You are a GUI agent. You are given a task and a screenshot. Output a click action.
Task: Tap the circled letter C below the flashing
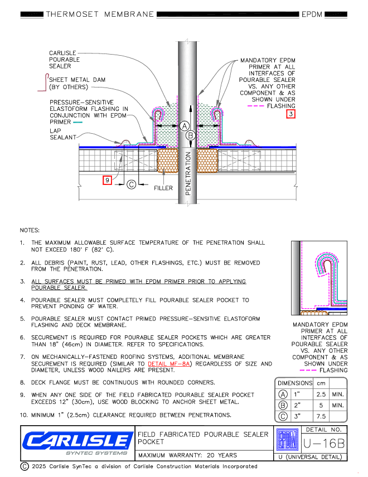(132, 184)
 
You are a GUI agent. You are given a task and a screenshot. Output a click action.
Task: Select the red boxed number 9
(108, 179)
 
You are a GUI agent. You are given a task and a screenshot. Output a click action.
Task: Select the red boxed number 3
(291, 114)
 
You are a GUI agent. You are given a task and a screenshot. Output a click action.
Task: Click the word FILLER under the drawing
(163, 188)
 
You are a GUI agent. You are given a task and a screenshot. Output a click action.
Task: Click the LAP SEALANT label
(62, 134)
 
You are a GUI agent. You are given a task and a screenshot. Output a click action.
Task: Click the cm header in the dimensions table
(321, 383)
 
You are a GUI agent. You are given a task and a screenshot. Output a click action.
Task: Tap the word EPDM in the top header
(312, 14)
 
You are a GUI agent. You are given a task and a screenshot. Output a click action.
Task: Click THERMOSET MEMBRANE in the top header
(100, 14)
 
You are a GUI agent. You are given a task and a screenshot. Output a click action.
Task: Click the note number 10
(23, 416)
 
